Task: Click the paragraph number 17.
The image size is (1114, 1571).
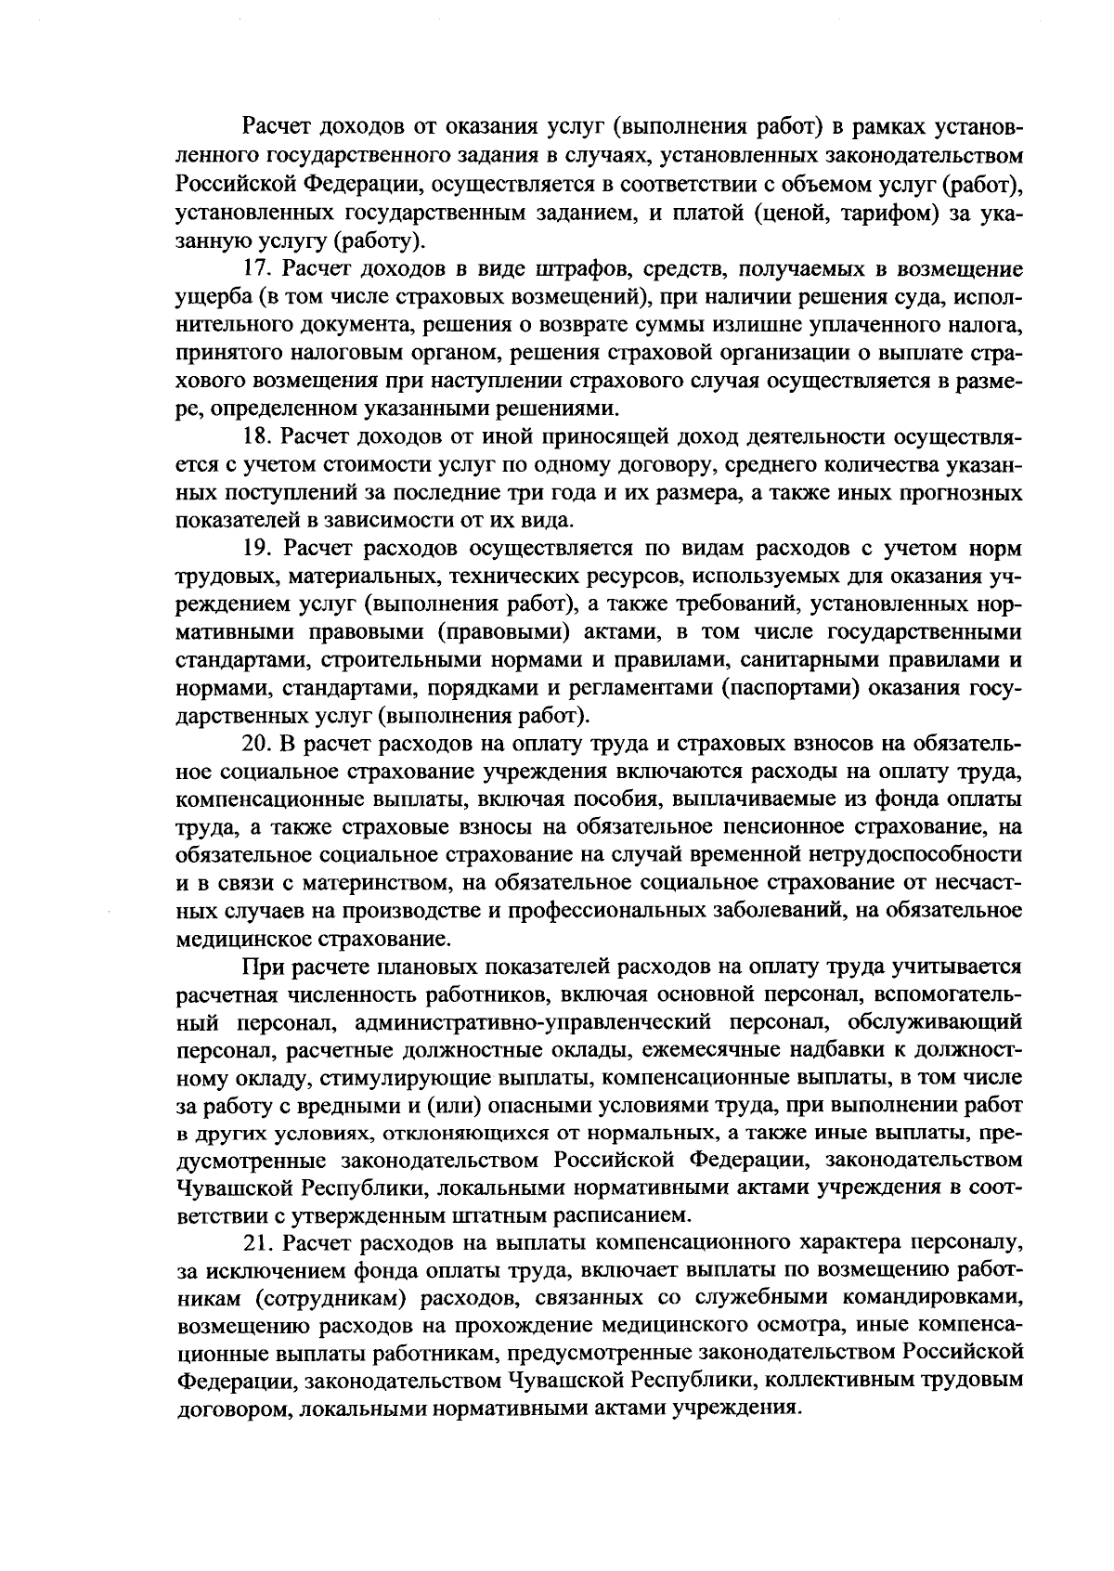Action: [x=255, y=270]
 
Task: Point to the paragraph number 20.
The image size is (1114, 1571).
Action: [x=255, y=744]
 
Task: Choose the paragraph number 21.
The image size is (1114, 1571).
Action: [x=255, y=1243]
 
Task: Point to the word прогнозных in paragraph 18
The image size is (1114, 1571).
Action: [x=965, y=493]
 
